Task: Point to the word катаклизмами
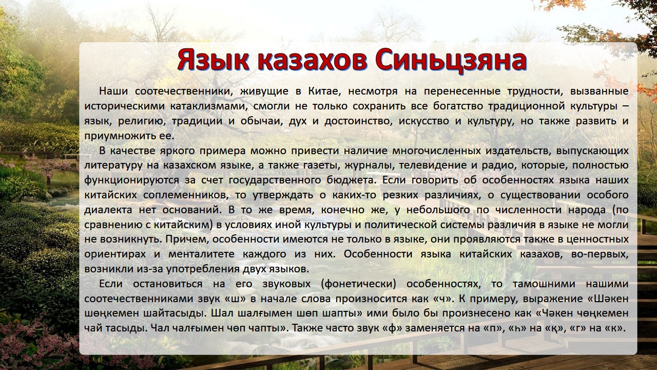(209, 106)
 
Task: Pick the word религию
(142, 121)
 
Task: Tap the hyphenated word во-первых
(600, 254)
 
